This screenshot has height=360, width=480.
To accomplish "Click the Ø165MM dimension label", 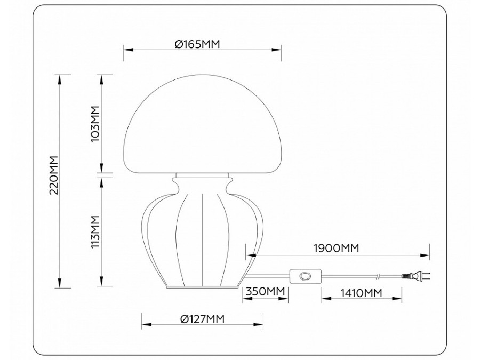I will [x=197, y=44].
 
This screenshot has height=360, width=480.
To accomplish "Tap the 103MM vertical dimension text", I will [x=95, y=123].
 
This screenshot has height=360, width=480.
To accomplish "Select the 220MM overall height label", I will [x=53, y=177].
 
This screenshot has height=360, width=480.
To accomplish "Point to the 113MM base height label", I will [x=95, y=230].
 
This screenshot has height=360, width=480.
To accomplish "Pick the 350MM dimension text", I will [x=264, y=292].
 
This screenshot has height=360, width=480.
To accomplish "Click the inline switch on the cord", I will [x=306, y=276].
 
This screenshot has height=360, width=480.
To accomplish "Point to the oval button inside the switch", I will [x=306, y=276].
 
